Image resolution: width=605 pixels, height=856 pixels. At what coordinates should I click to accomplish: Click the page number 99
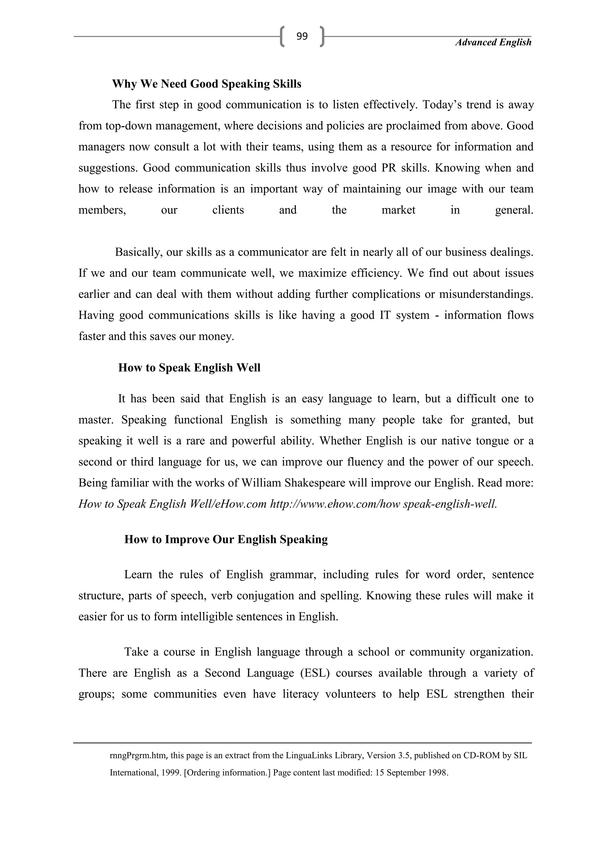(x=302, y=36)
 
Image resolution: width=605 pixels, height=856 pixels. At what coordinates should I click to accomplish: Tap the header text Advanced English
(x=493, y=43)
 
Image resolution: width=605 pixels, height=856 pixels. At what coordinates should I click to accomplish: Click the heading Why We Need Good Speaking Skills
(x=207, y=84)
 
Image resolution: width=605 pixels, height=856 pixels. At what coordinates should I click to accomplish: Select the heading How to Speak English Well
(x=189, y=368)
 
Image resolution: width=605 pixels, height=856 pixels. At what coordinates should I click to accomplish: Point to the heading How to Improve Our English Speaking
(x=226, y=539)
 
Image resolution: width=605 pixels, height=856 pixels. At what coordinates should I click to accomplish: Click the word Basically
(x=139, y=252)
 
